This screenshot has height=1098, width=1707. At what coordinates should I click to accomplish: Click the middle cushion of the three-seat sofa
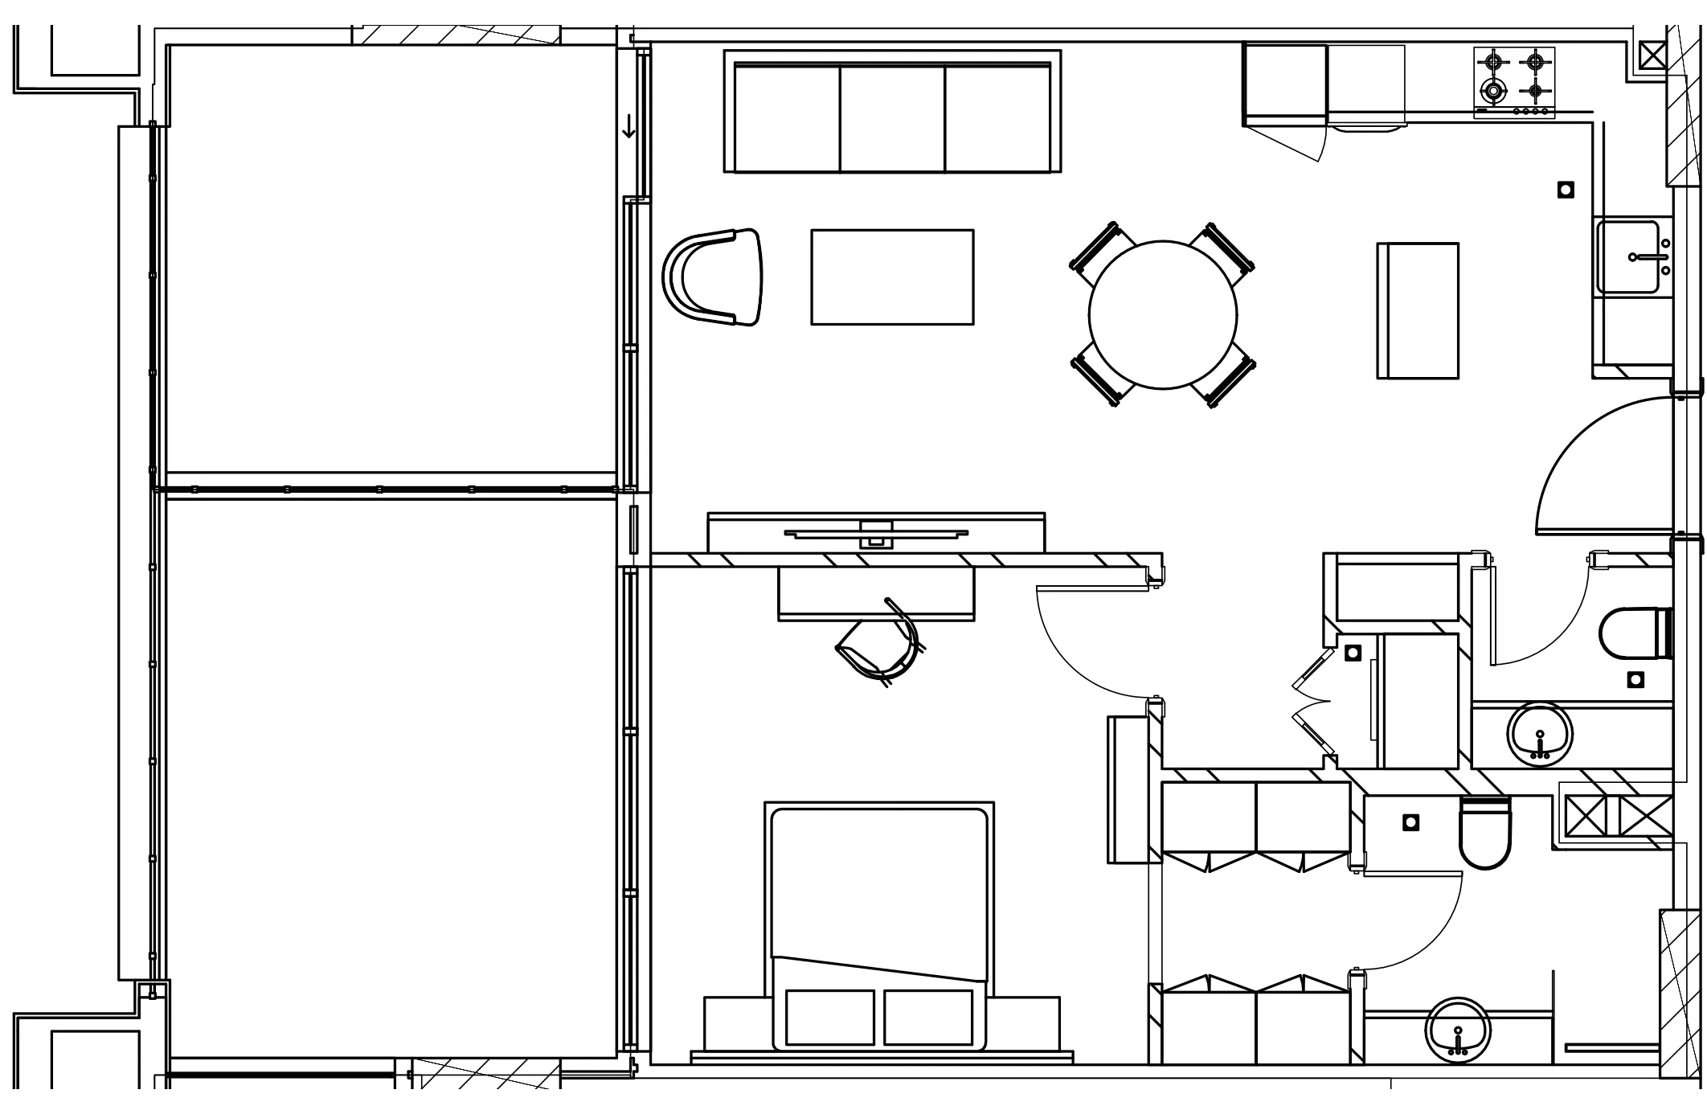[x=892, y=118]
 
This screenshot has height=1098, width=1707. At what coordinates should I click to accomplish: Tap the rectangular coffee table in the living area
[x=892, y=277]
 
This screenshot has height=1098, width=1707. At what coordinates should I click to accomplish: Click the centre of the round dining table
[x=1163, y=315]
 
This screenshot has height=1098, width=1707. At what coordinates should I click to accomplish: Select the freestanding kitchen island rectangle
[x=1418, y=310]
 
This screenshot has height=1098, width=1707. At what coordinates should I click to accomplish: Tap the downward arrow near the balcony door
[x=628, y=127]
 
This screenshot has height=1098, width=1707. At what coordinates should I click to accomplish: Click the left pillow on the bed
[x=830, y=1017]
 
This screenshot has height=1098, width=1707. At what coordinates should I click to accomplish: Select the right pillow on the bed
[x=928, y=1017]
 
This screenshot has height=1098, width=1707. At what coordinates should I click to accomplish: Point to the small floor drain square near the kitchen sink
[x=1566, y=190]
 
